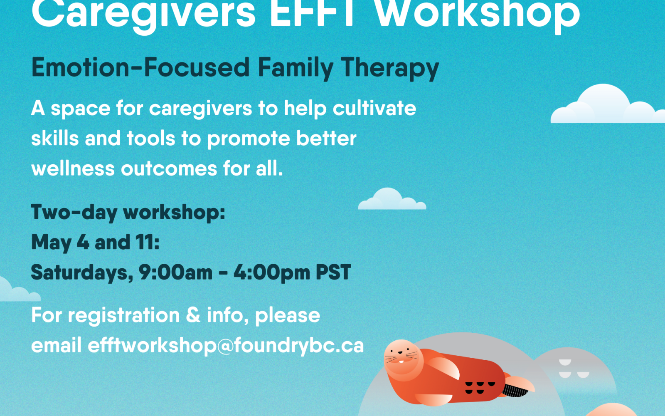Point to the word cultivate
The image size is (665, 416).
(x=374, y=108)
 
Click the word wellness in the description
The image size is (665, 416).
(x=73, y=168)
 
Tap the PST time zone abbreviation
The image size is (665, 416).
(x=333, y=272)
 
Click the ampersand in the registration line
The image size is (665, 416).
(x=193, y=314)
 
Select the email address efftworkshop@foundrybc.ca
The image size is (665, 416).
(x=226, y=346)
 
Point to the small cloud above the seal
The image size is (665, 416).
(x=392, y=199)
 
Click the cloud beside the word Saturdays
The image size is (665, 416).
(x=18, y=290)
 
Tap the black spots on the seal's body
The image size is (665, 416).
(x=480, y=388)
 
